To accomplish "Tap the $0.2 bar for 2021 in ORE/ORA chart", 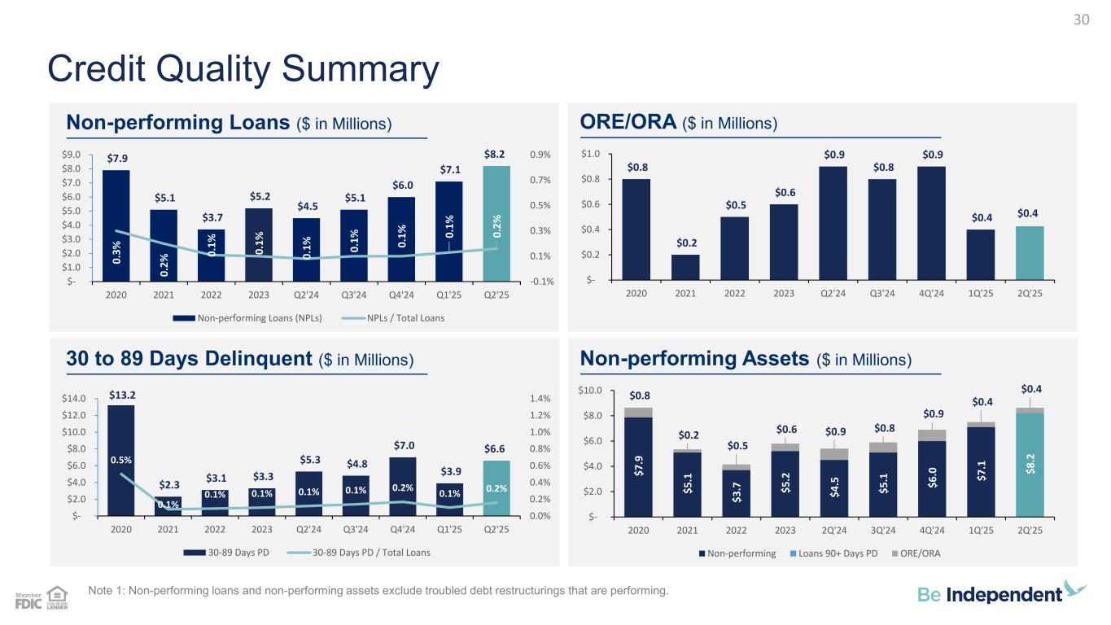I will click(x=685, y=267).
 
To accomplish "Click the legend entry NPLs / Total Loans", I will click(x=400, y=317).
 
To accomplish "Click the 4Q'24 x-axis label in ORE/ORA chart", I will click(x=930, y=294).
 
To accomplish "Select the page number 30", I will click(x=1081, y=20).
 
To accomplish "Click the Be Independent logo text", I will click(x=991, y=595).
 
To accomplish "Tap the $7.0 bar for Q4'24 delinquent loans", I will click(x=404, y=486).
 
